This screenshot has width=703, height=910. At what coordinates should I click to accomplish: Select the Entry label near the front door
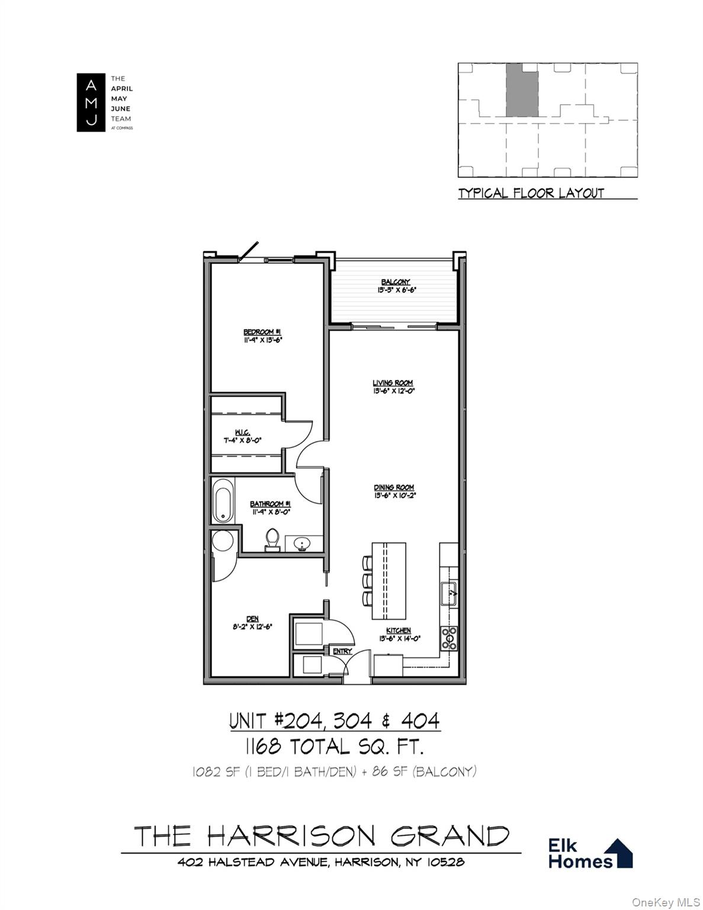tap(342, 652)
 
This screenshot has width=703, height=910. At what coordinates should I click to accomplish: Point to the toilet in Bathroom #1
tap(272, 539)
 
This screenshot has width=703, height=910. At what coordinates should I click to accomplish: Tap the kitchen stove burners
tap(449, 638)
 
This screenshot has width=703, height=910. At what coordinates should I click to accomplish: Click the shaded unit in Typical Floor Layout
tap(522, 89)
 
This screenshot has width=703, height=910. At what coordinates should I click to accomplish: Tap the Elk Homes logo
tap(590, 854)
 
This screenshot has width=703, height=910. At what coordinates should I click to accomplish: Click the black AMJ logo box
tap(91, 102)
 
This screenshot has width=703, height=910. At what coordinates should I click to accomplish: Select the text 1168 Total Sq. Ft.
tap(335, 746)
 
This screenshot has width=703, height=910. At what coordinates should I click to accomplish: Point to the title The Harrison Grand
tap(322, 836)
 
